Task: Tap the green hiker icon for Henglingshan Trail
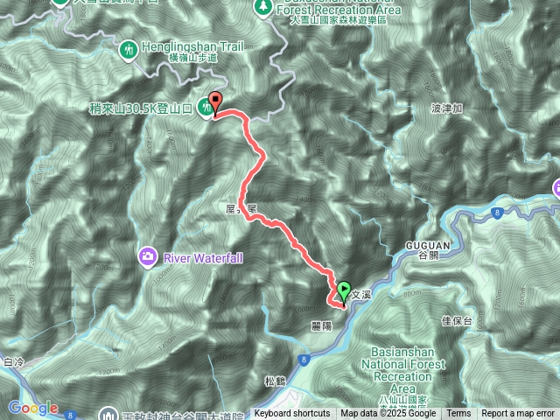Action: pyautogui.click(x=129, y=49)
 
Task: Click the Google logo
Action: pyautogui.click(x=33, y=408)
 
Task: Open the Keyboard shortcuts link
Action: pyautogui.click(x=292, y=414)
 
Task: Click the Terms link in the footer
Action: pyautogui.click(x=458, y=414)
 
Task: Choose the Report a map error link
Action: pyautogui.click(x=518, y=414)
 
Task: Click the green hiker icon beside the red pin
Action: pyautogui.click(x=206, y=107)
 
